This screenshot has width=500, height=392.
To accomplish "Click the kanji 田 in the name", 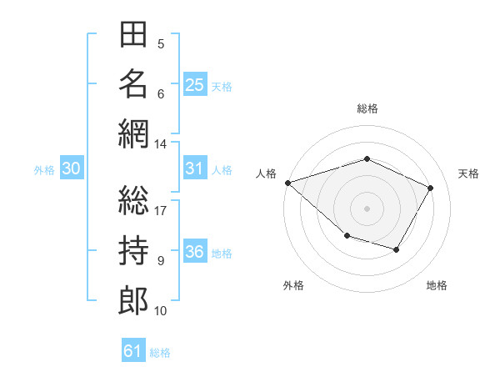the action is coord(133,34).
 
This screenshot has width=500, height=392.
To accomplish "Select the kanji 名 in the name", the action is coord(133,84).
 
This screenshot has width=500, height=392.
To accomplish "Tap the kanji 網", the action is coord(133,134).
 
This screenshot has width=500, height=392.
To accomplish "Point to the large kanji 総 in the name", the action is coord(133,200).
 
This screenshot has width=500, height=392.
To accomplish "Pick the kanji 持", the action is coord(133,250).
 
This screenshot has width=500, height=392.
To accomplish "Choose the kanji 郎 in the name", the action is coord(133,301).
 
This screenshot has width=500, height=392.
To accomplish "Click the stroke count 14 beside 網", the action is coord(160,144).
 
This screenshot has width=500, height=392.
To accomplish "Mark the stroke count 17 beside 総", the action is coord(160,211).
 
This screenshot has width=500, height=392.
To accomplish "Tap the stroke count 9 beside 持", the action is coord(161,261).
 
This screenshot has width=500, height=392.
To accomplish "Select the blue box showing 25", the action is coord(195,84).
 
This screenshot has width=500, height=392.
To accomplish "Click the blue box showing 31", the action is coord(195,168).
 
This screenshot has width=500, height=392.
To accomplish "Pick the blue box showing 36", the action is coord(195,250).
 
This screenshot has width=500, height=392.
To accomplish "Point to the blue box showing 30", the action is coord(72,168).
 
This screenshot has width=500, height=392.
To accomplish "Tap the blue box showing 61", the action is coord(133,349).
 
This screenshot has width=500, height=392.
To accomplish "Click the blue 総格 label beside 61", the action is coord(160,353).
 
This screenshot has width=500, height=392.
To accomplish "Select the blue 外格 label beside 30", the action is coord(44,170).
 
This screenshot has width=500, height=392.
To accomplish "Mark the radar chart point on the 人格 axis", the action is coord(288,183).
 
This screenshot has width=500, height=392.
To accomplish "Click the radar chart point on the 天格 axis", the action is coord(430,188).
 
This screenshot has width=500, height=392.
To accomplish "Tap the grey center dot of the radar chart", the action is coord(367,209).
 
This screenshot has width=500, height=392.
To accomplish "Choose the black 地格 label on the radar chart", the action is coord(437,285).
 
